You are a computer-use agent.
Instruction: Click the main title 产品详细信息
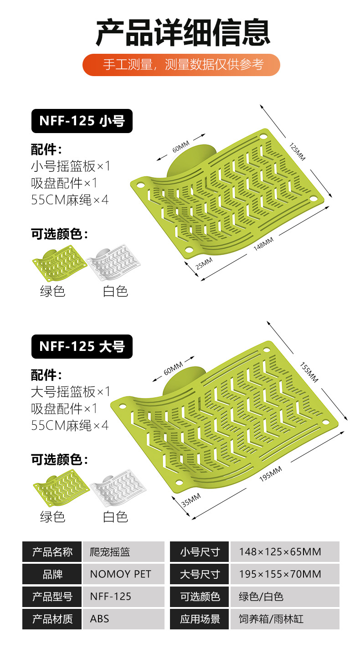click(183, 32)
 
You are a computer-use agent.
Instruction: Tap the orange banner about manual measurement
click(181, 65)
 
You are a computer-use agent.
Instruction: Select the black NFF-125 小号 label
click(82, 121)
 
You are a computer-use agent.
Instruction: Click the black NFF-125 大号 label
click(82, 346)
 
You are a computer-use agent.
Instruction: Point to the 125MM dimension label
click(297, 151)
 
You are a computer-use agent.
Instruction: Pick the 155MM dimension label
click(309, 372)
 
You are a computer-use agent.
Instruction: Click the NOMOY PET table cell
click(123, 574)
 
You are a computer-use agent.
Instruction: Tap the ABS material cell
click(123, 619)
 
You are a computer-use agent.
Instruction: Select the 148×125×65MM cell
click(284, 551)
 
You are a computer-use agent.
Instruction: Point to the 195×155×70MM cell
click(284, 574)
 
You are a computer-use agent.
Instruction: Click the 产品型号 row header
click(52, 597)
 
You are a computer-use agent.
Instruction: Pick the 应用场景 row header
click(200, 619)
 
